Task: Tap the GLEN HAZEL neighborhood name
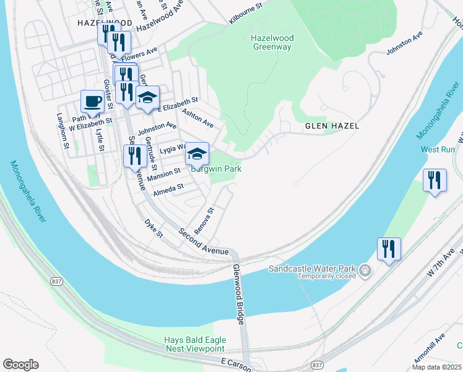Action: click(x=332, y=126)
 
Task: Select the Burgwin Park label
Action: click(x=215, y=169)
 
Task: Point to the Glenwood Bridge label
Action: click(x=238, y=296)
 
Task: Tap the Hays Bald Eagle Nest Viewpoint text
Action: click(x=195, y=345)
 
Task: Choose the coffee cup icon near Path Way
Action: click(x=92, y=101)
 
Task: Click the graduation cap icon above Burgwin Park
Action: click(x=197, y=153)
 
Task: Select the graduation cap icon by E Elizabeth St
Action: click(x=147, y=97)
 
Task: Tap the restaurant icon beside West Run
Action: click(x=435, y=180)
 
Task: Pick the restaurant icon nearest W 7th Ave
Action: click(x=389, y=249)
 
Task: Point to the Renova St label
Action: click(x=204, y=221)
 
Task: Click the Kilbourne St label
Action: click(x=246, y=13)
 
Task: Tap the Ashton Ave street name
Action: click(x=198, y=117)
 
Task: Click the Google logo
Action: click(x=20, y=365)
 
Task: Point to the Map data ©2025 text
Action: click(x=437, y=366)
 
